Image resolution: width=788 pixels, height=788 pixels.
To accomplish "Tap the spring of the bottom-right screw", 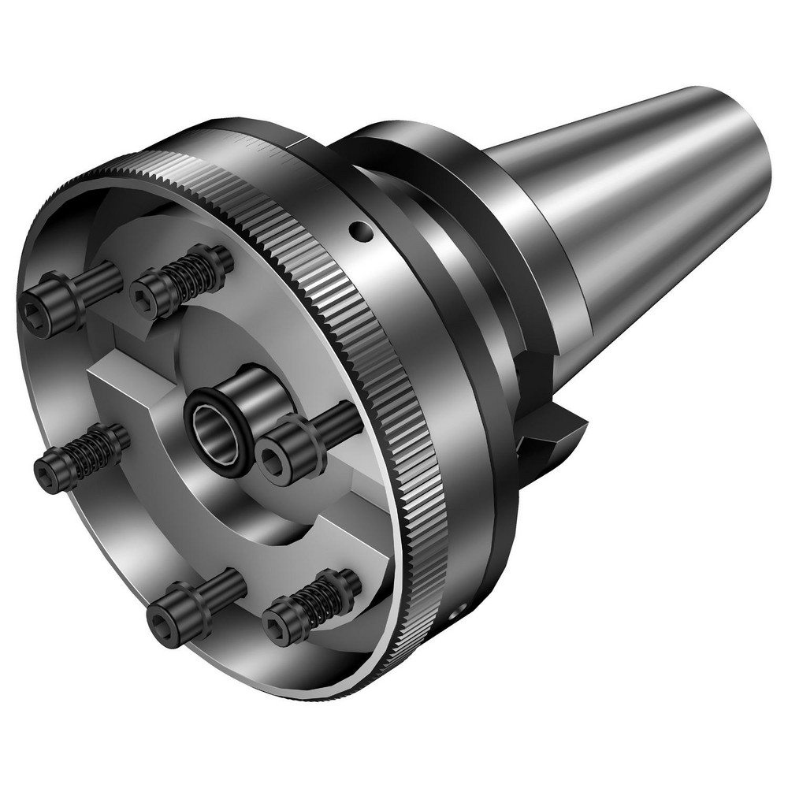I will point(323,597).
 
